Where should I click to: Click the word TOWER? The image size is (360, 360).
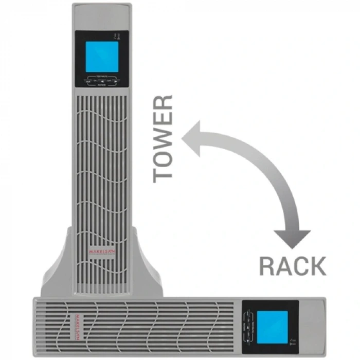tap(164, 138)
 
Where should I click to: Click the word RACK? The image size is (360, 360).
tap(292, 266)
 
